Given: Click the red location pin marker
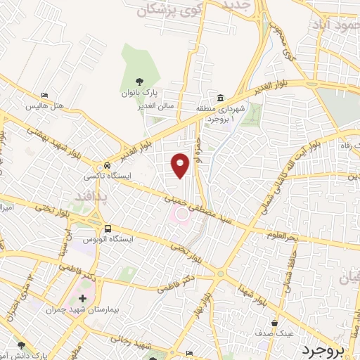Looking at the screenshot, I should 181,165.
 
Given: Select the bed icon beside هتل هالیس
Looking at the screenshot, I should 46,96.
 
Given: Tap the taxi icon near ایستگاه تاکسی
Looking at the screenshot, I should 106,160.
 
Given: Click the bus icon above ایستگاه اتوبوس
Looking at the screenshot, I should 108,228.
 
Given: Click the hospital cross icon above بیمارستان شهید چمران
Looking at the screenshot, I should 82,299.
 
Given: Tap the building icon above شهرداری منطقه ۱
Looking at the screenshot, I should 221,98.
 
